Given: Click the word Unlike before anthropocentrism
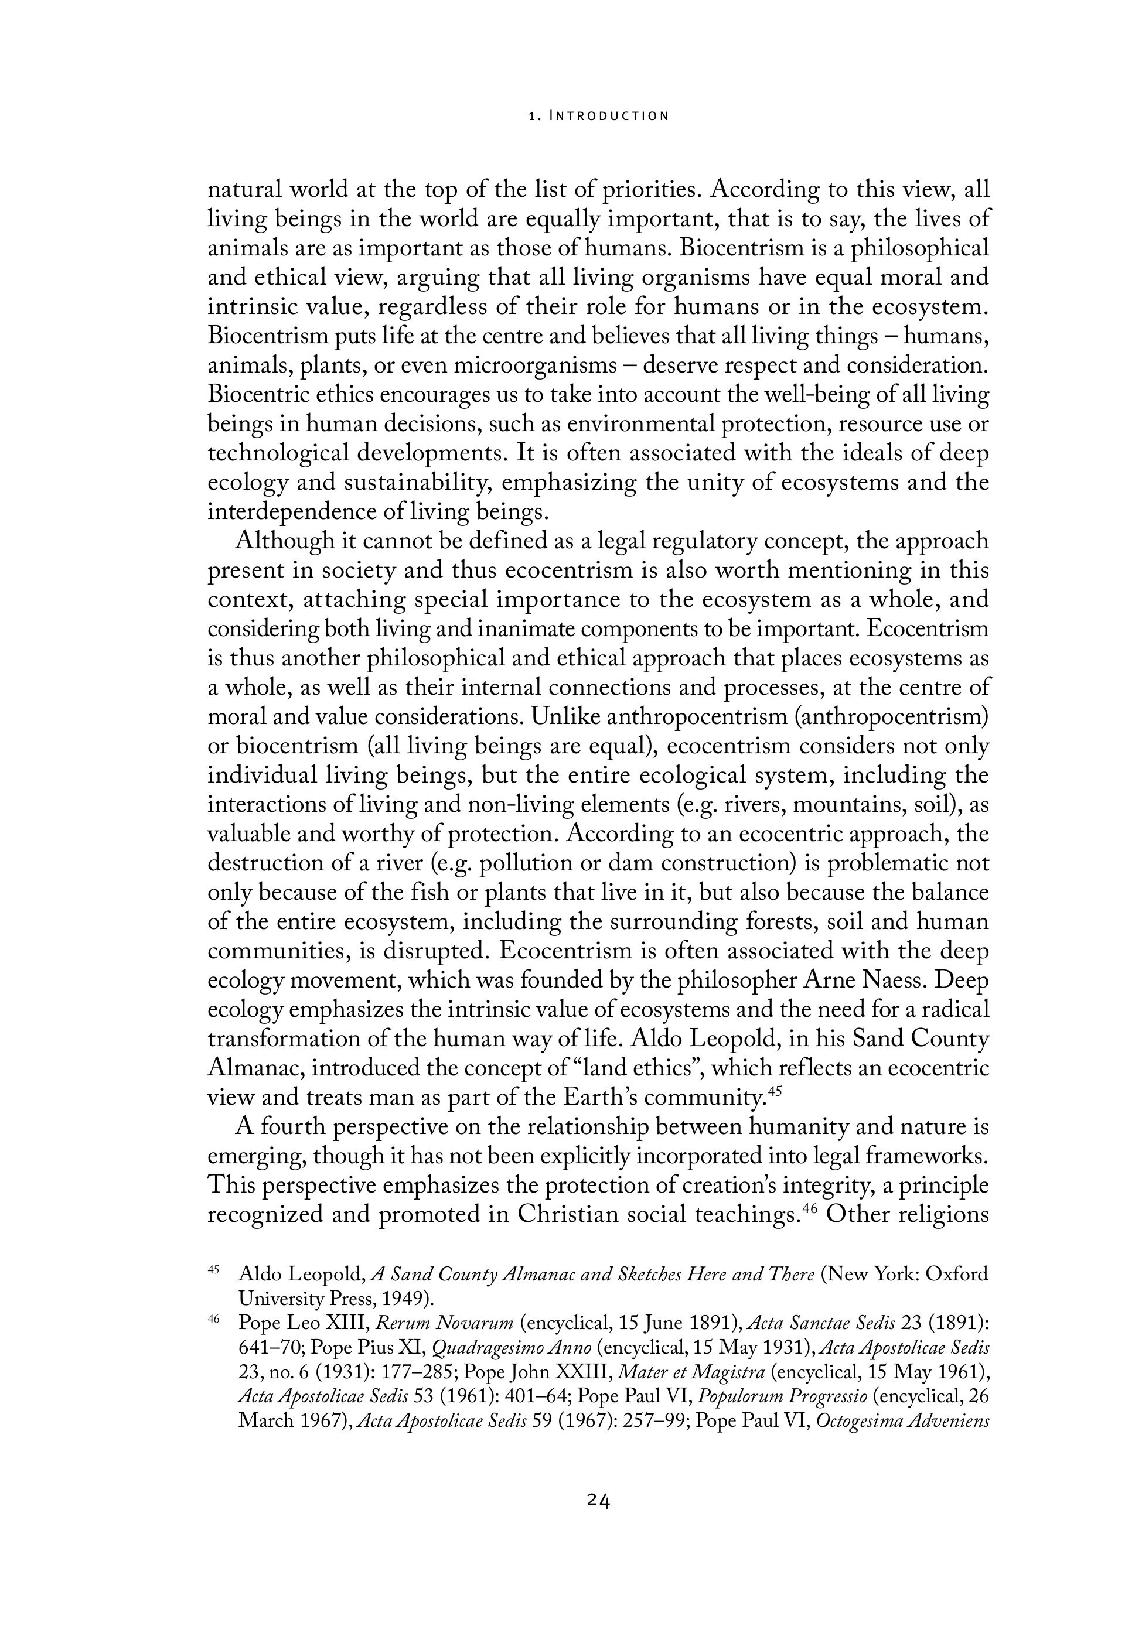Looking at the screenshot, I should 565,717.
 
